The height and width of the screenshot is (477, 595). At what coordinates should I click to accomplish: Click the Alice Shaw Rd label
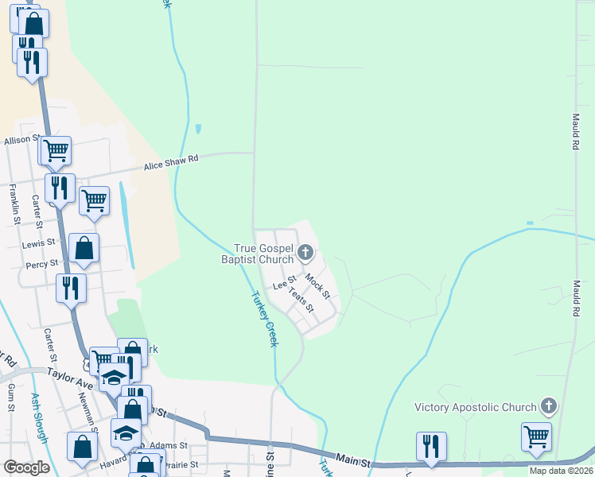170,162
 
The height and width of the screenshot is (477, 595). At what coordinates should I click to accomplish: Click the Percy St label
42,263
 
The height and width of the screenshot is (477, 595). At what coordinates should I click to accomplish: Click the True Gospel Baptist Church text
263,254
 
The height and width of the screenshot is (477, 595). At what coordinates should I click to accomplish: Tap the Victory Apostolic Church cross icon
548,407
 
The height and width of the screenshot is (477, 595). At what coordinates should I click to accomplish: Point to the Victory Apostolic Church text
475,408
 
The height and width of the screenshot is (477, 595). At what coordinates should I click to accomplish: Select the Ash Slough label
40,417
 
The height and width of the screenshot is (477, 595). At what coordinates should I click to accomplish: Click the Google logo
27,467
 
